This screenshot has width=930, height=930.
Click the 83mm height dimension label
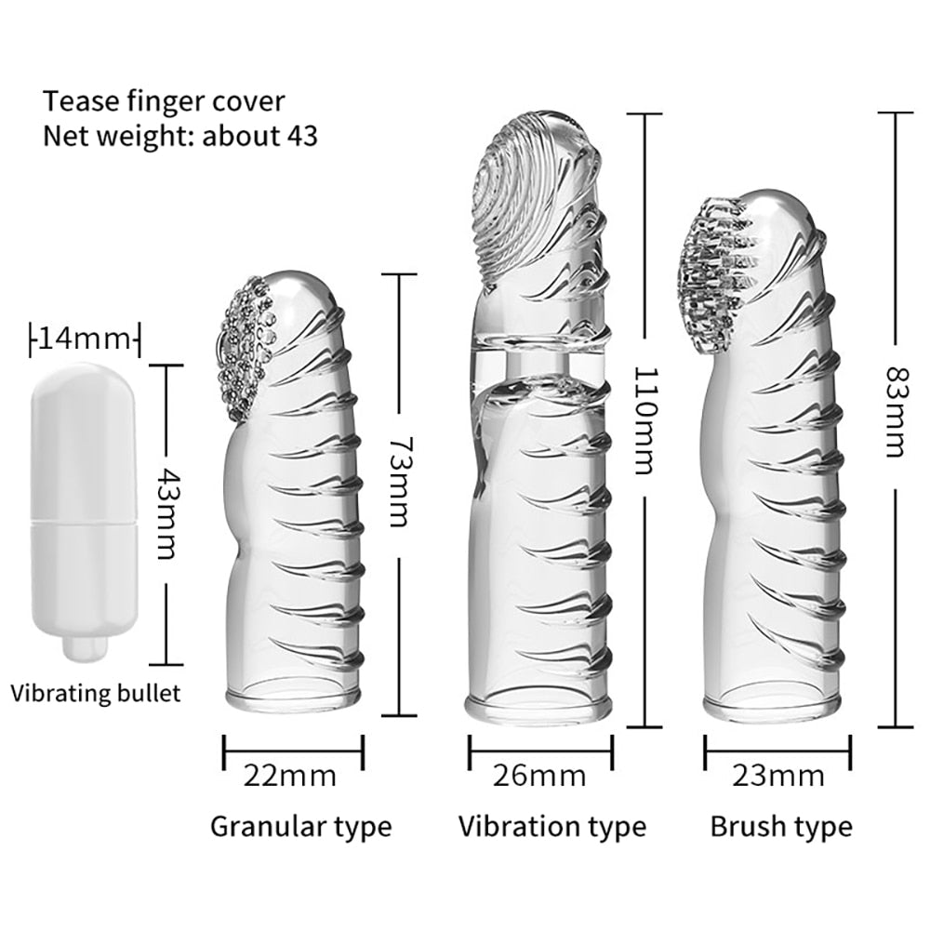tap(893, 411)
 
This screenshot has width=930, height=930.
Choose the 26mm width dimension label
tap(539, 775)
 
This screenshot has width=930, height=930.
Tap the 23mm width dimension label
tap(777, 775)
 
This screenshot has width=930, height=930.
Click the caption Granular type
tap(300, 825)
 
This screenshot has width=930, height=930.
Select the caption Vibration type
tap(551, 825)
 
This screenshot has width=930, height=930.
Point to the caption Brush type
tap(780, 825)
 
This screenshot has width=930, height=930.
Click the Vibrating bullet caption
tap(96, 693)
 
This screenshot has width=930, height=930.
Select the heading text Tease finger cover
tap(164, 100)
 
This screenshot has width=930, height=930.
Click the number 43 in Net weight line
tap(299, 136)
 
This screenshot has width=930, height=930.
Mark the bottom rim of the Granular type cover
tap(292, 696)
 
